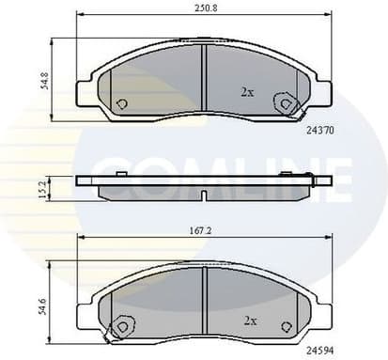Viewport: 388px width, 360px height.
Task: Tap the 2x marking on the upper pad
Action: tap(247, 91)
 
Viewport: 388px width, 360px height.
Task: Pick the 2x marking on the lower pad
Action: tap(250, 321)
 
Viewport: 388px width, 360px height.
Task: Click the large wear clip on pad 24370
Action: tap(281, 104)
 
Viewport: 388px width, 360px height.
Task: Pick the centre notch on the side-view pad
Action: tap(205, 196)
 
